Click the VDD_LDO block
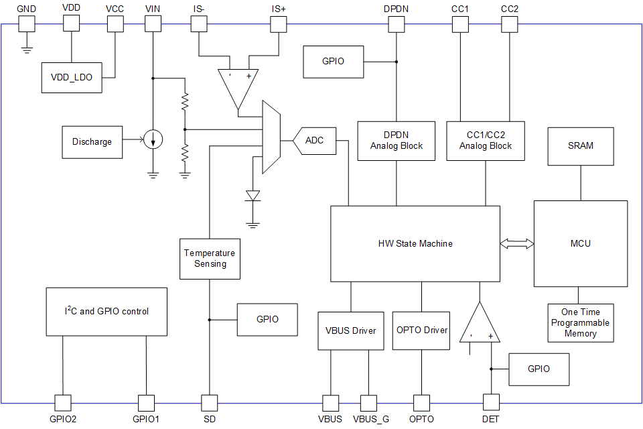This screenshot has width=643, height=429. click(72, 78)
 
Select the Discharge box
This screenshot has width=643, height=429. click(92, 141)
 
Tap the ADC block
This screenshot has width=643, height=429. click(314, 141)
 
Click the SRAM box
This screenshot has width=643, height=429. click(580, 145)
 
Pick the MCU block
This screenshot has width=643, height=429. click(580, 243)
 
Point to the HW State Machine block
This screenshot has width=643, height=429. click(415, 243)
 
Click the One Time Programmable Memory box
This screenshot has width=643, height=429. click(580, 322)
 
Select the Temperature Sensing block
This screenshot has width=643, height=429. click(210, 259)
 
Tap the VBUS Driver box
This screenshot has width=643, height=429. click(350, 330)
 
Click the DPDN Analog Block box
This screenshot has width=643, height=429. click(397, 141)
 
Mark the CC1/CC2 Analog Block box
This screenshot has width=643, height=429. click(486, 141)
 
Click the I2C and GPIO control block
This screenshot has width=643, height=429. click(106, 312)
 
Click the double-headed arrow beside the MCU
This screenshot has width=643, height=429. click(516, 243)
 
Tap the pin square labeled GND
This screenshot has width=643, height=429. click(26, 23)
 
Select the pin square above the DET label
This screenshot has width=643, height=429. click(491, 402)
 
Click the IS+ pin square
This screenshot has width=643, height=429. click(278, 23)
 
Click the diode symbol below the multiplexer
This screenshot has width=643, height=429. click(253, 195)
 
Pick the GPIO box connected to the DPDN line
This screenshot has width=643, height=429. click(333, 62)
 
